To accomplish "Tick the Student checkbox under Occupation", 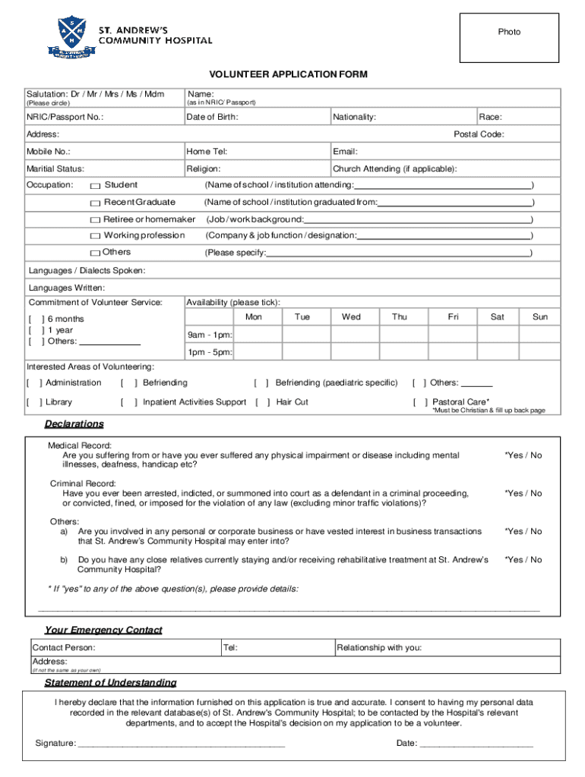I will [95, 186].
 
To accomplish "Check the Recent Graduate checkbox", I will [95, 203].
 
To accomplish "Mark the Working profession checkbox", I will [95, 236].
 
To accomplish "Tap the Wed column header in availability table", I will [351, 317].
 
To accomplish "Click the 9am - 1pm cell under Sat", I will [497, 335].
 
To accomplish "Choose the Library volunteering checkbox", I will [33, 402].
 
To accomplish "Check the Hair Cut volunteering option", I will [263, 402].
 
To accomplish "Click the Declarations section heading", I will [74, 423].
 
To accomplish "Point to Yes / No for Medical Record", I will [523, 455].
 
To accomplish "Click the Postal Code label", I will [479, 134].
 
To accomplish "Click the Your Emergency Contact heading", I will [103, 630].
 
